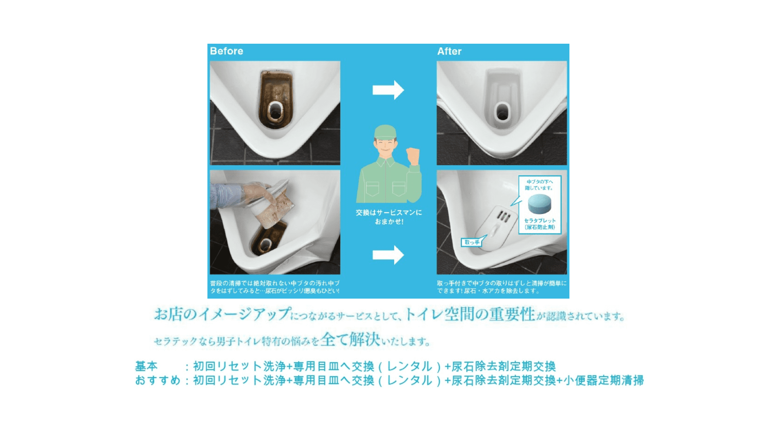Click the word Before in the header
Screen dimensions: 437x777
[226, 51]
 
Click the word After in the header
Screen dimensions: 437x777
[449, 51]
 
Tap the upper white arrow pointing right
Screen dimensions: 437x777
[388, 90]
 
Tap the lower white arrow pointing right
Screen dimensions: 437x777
[388, 255]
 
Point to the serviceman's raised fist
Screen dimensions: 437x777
[413, 156]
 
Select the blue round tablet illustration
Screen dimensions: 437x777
[539, 204]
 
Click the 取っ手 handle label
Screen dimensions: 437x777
[472, 242]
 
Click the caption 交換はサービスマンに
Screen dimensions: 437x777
[388, 212]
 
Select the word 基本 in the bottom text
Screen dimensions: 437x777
[146, 366]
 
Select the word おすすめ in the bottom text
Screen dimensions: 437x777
[157, 380]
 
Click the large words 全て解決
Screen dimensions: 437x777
[350, 339]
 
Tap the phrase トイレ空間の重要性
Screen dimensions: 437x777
[470, 314]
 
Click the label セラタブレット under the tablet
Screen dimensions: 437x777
[540, 221]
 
